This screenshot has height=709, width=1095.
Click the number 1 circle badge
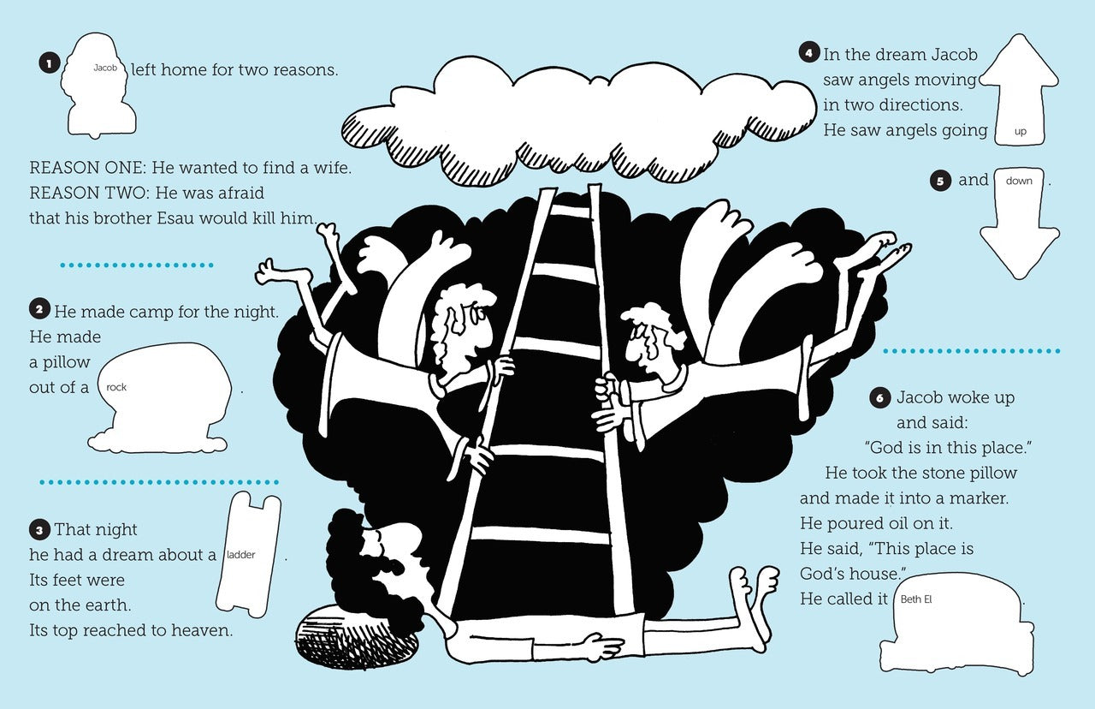[x=49, y=63]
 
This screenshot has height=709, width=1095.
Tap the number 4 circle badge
[x=809, y=53]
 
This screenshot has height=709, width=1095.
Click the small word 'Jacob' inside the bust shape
[x=104, y=67]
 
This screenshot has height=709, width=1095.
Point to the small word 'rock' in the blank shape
[x=116, y=387]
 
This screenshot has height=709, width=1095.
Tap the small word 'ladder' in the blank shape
[x=240, y=555]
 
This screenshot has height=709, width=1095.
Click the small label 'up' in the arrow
[x=1020, y=132]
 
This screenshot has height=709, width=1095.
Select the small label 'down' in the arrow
[x=1019, y=181]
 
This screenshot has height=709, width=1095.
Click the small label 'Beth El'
[x=916, y=599]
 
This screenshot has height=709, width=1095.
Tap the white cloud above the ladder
[x=582, y=111]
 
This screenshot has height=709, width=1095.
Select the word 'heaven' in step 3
[x=203, y=631]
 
